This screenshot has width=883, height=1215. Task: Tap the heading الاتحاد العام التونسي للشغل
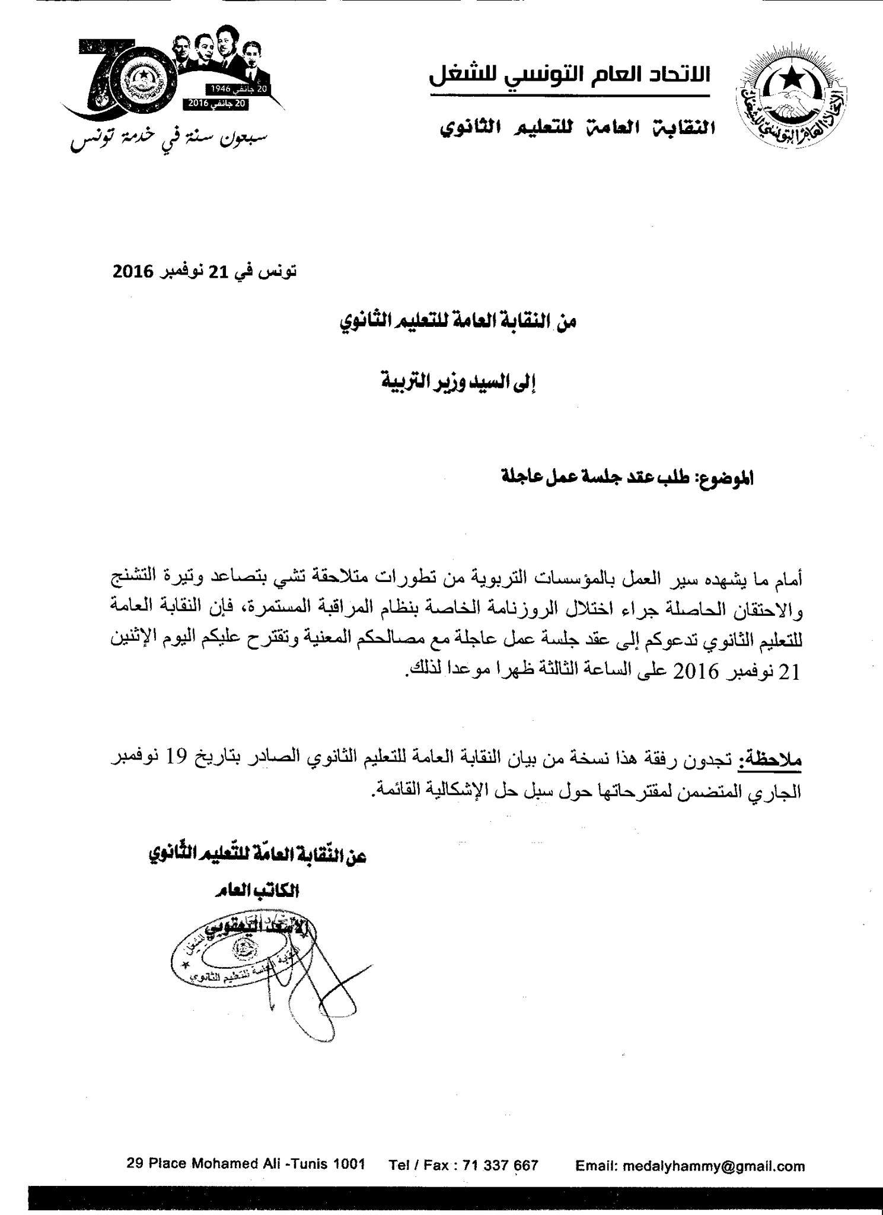(x=569, y=76)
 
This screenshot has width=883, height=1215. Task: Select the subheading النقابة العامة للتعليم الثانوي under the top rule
(x=578, y=127)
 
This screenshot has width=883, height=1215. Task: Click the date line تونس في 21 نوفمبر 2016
(x=204, y=272)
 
